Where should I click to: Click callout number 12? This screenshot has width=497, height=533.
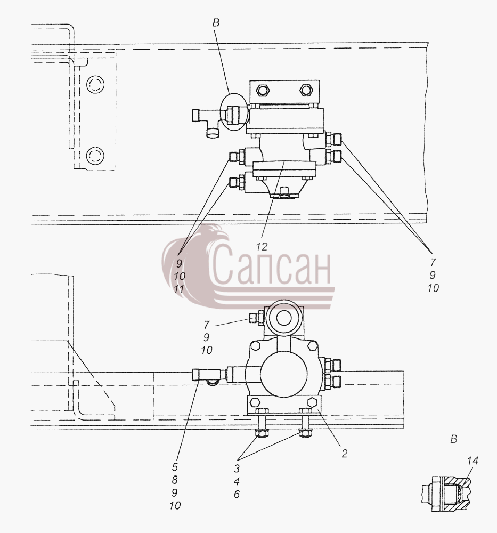click(262, 246)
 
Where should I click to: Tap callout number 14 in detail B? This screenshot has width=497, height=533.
click(472, 461)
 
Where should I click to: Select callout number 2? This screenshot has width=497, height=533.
click(345, 454)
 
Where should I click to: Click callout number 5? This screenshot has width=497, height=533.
click(175, 467)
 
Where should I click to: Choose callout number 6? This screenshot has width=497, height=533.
click(237, 494)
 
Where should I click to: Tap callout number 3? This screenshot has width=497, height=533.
click(237, 469)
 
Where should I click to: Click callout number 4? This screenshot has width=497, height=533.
click(237, 481)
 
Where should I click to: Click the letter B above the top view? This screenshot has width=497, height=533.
click(216, 23)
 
